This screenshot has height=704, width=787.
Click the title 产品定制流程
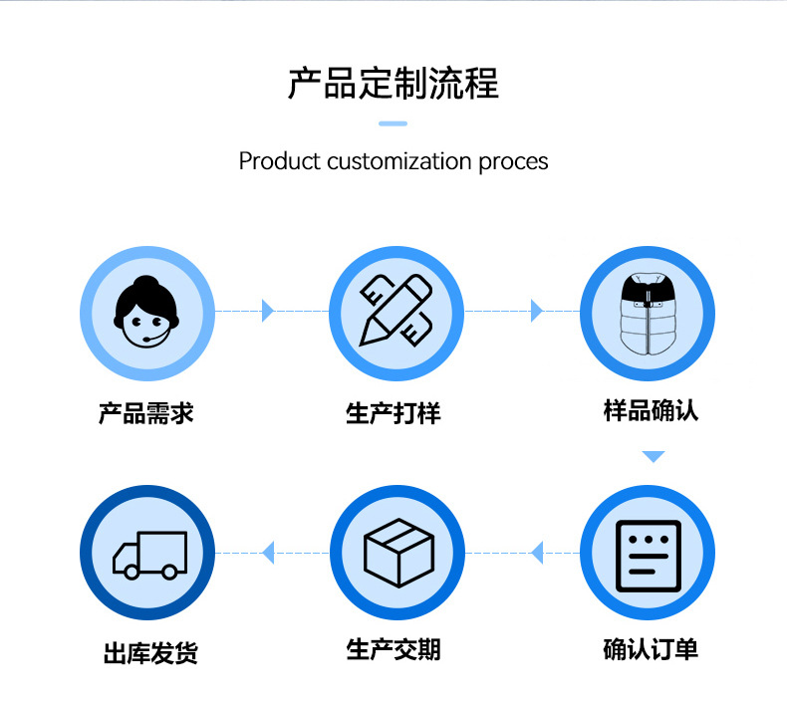click(393, 84)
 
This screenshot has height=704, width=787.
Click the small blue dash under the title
click(393, 123)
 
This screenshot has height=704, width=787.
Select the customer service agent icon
click(147, 312)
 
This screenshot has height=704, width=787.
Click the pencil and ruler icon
click(396, 312)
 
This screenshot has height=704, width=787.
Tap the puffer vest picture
click(647, 312)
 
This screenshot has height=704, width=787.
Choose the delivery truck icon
click(147, 554)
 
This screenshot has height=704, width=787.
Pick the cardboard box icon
click(396, 554)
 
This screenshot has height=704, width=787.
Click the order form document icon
click(647, 554)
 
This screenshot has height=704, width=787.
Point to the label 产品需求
click(145, 412)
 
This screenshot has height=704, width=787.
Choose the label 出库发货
click(150, 653)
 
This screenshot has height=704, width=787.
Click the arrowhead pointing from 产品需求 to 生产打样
click(267, 311)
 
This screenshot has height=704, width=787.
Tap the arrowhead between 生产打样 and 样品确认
click(536, 311)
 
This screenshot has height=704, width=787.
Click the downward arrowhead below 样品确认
click(653, 457)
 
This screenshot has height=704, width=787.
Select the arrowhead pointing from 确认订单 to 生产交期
click(537, 553)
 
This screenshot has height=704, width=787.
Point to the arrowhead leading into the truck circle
click(268, 553)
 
